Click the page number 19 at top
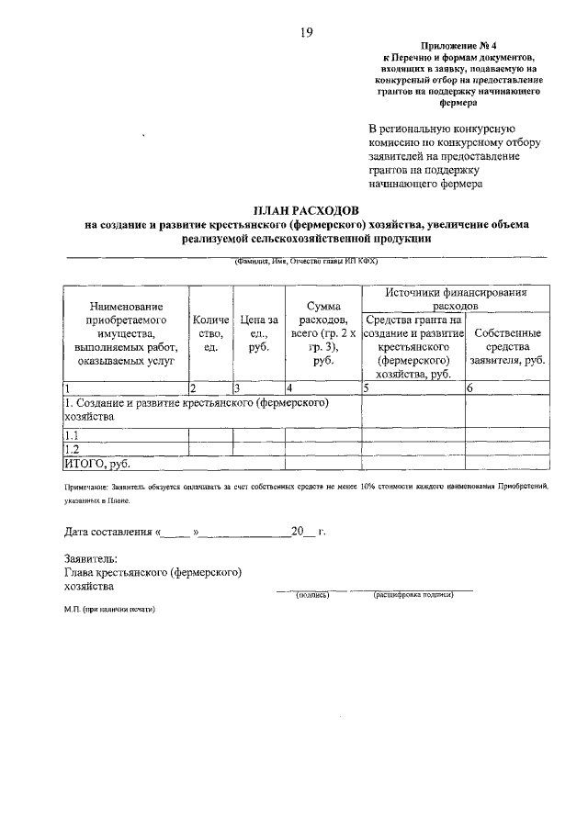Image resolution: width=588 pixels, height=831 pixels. (306, 33)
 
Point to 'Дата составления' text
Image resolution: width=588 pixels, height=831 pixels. (107, 531)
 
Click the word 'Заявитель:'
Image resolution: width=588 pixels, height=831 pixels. (90, 557)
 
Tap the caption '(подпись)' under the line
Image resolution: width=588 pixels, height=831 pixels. (310, 595)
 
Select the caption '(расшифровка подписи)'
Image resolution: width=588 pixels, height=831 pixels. (413, 595)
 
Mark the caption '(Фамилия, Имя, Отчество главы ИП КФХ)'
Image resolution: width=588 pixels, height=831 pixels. (305, 261)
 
